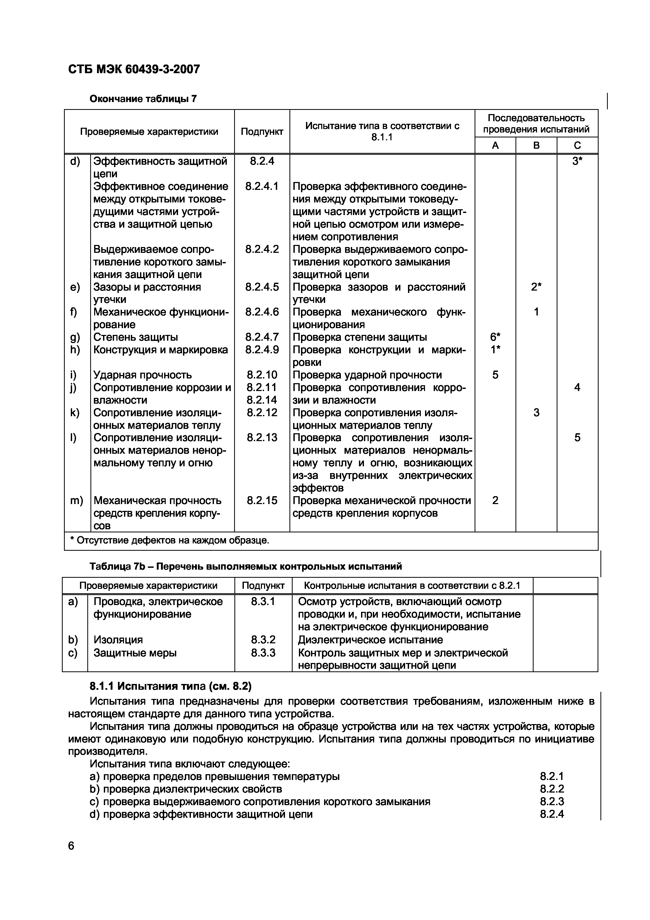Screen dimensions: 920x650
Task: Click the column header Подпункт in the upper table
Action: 262,131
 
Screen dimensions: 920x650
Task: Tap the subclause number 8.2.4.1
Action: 262,186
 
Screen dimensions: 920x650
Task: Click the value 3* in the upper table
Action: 577,161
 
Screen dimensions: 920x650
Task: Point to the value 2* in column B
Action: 536,287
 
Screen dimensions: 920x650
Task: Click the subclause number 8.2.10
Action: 262,375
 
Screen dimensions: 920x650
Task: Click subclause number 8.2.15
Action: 262,500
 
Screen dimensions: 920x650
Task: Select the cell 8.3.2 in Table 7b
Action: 263,639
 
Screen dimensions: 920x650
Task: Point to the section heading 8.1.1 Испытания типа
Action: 170,686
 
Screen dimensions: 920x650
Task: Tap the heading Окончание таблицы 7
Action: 143,99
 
